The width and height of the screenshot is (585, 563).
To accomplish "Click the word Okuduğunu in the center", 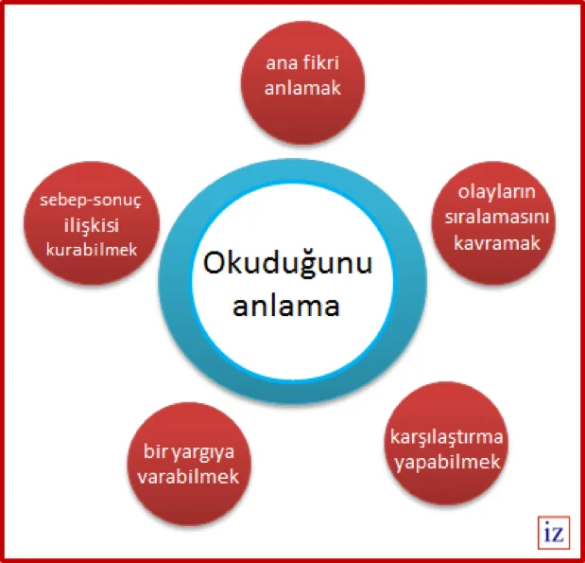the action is [x=287, y=264].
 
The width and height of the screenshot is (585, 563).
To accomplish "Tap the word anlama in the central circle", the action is [x=286, y=306].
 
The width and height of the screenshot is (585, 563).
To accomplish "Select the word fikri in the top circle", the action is [x=320, y=62].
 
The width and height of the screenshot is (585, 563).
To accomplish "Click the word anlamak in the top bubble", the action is [x=302, y=88].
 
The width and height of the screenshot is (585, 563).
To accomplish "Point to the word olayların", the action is [x=496, y=193].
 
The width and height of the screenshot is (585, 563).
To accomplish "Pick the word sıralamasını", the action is [x=496, y=217].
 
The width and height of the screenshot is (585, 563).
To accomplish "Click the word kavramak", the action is [x=496, y=243].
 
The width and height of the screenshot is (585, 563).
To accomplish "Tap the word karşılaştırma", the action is [x=447, y=437].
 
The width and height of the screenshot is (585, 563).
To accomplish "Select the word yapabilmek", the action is [x=447, y=463].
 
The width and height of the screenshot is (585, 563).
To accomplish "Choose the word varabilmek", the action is [x=188, y=477].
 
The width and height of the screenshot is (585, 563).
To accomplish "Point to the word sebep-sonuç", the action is [x=91, y=201].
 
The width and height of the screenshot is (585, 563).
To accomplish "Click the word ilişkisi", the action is [x=92, y=226].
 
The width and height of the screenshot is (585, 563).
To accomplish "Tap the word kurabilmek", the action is [x=92, y=250].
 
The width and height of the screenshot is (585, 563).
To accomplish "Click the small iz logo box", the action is [x=554, y=533].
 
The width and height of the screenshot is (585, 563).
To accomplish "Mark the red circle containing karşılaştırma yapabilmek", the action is [x=446, y=444].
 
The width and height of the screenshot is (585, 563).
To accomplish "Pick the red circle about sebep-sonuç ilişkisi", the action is [x=92, y=223].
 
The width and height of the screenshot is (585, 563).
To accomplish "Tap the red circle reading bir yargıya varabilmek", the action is [x=189, y=464].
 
